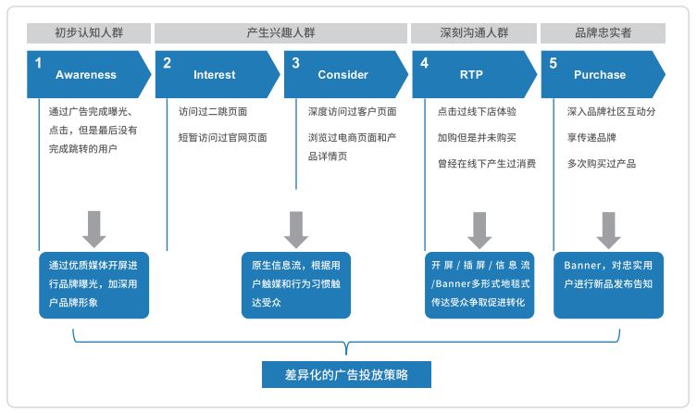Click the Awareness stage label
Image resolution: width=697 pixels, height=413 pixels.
[x=86, y=75]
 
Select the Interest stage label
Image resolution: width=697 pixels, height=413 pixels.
[x=215, y=75]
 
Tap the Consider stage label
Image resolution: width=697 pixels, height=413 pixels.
[x=342, y=75]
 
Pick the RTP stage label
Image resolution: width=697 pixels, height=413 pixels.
[x=471, y=75]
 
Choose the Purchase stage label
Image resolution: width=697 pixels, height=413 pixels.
[x=600, y=75]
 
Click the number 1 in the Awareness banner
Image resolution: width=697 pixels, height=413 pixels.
[x=39, y=63]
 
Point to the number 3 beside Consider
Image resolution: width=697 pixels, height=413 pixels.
[x=295, y=63]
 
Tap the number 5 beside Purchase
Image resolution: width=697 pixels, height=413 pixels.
[x=553, y=63]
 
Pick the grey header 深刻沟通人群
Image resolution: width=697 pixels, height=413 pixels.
[x=472, y=32]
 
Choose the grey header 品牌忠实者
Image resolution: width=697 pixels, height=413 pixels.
[x=603, y=32]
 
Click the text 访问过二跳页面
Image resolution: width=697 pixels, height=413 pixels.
[x=213, y=112]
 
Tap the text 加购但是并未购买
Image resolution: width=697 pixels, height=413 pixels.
[x=477, y=138]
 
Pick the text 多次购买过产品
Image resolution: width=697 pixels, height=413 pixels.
[x=602, y=164]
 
